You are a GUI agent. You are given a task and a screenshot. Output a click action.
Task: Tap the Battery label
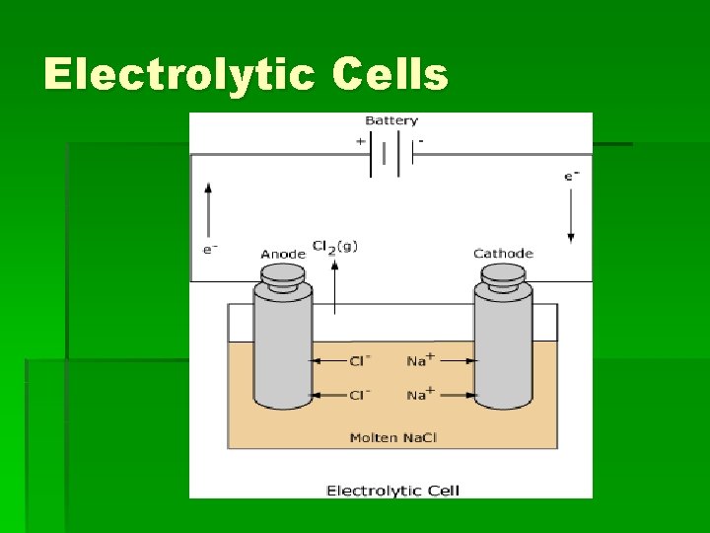pos(391,120)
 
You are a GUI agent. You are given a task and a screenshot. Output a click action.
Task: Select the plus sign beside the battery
pos(360,141)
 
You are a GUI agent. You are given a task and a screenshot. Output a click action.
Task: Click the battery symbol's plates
pos(390,156)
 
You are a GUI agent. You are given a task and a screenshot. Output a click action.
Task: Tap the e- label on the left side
pos(209,249)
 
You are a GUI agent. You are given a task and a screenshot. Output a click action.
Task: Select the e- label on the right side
pos(571,176)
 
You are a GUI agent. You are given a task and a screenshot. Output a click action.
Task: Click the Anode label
pos(283,254)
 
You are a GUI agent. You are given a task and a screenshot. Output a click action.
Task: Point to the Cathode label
pos(503,254)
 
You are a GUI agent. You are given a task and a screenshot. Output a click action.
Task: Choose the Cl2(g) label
pos(335,246)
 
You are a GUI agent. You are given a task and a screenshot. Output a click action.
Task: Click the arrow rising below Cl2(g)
pos(335,286)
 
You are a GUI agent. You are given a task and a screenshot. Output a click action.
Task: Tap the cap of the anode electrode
pos(283,274)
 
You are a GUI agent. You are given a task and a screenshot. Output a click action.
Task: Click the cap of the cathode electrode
pos(503,274)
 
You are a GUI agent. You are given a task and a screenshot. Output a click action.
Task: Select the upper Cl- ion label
pos(359,361)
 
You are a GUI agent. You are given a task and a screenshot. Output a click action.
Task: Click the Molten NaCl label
pos(391,437)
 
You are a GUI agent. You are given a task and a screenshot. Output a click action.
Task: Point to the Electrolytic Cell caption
pos(392,490)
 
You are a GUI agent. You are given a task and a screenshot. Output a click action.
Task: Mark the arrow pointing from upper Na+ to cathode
pos(455,361)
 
